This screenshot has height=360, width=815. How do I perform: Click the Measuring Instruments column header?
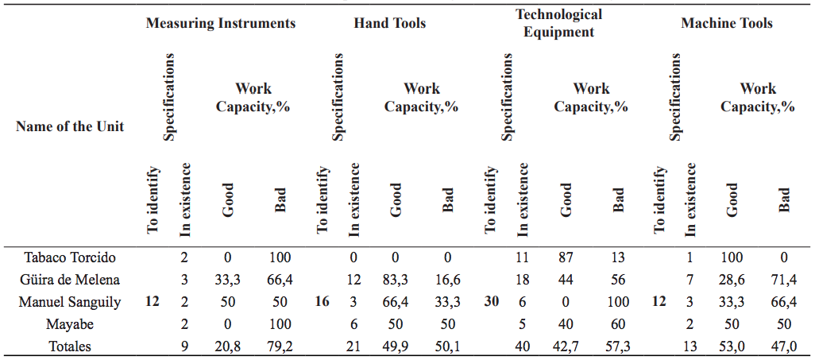pyautogui.click(x=220, y=23)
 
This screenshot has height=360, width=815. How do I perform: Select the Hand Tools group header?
pyautogui.click(x=389, y=23)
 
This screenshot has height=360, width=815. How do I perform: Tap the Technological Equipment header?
pyautogui.click(x=558, y=23)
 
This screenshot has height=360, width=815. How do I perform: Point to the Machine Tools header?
pyautogui.click(x=726, y=23)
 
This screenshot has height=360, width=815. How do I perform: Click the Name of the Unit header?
pyautogui.click(x=70, y=126)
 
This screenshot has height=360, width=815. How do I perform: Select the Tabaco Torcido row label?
pyautogui.click(x=70, y=257)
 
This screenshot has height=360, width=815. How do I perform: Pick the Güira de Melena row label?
pyautogui.click(x=70, y=280)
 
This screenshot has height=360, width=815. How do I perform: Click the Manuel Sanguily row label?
pyautogui.click(x=70, y=302)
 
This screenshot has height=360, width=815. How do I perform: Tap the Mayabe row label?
pyautogui.click(x=70, y=324)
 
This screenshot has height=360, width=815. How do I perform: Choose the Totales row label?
pyautogui.click(x=70, y=346)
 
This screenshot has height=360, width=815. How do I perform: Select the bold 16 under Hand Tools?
pyautogui.click(x=323, y=302)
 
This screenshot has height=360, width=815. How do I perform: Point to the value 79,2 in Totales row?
pyautogui.click(x=280, y=346)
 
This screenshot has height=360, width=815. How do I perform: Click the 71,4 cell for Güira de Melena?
pyautogui.click(x=786, y=280)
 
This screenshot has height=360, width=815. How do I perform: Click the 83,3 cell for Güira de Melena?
pyautogui.click(x=396, y=280)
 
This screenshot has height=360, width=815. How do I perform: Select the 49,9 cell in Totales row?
pyautogui.click(x=396, y=346)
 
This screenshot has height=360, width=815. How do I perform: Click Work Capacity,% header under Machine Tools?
pyautogui.click(x=758, y=97)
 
